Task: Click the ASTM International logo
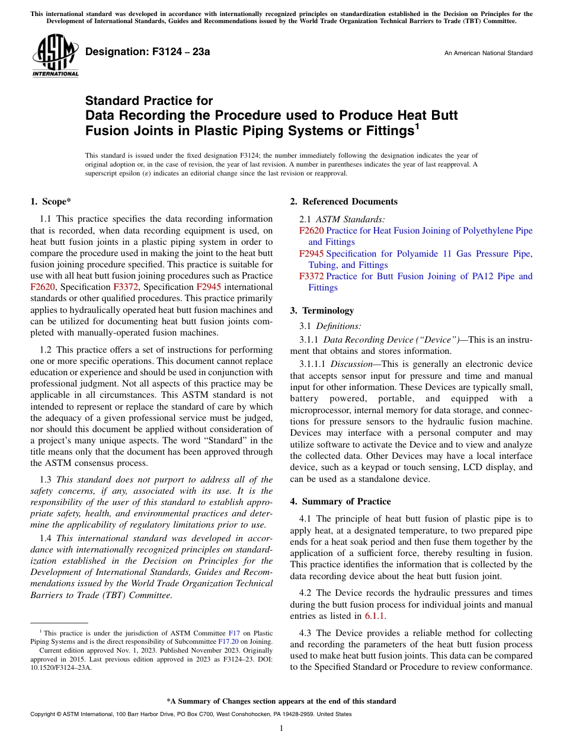(x=55, y=56)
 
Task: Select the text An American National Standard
(x=488, y=53)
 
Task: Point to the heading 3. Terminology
(x=322, y=311)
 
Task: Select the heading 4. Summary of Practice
(x=340, y=501)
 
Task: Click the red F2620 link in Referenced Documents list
(x=311, y=231)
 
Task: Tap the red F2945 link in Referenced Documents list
(x=311, y=254)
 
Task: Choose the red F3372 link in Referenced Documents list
(x=311, y=276)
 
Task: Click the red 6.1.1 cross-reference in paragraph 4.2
(x=375, y=616)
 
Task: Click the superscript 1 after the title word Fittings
(x=417, y=126)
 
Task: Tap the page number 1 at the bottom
(x=281, y=729)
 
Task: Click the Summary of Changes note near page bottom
(x=281, y=701)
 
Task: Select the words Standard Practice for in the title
(x=149, y=101)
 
